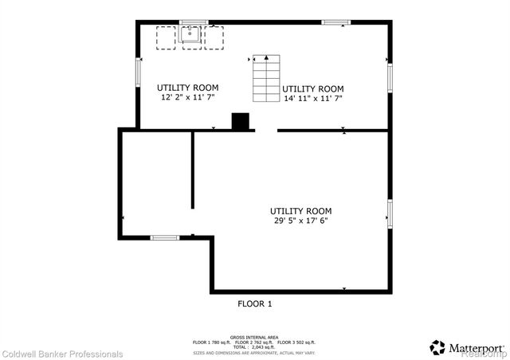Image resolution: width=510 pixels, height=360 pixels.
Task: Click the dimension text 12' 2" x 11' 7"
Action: tap(187, 97)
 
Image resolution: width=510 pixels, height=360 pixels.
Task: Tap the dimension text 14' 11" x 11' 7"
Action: tap(313, 98)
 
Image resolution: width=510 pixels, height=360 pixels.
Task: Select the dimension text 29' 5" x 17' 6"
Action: tap(300, 221)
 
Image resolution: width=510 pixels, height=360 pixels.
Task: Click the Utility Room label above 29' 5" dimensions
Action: tap(300, 211)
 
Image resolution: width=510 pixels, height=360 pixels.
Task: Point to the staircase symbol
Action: tap(265, 79)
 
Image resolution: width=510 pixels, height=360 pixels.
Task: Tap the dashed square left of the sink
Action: tap(166, 37)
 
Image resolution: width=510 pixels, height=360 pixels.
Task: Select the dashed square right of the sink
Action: tap(214, 37)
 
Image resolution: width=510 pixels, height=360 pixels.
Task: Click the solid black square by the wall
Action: tap(240, 121)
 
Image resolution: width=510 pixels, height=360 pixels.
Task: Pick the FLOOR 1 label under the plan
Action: tap(255, 303)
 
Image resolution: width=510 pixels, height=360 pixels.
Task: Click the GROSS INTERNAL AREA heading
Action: tap(255, 337)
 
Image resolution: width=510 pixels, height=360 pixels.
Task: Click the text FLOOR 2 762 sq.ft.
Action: tap(254, 342)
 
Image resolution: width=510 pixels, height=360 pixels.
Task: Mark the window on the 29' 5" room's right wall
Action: tap(390, 213)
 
